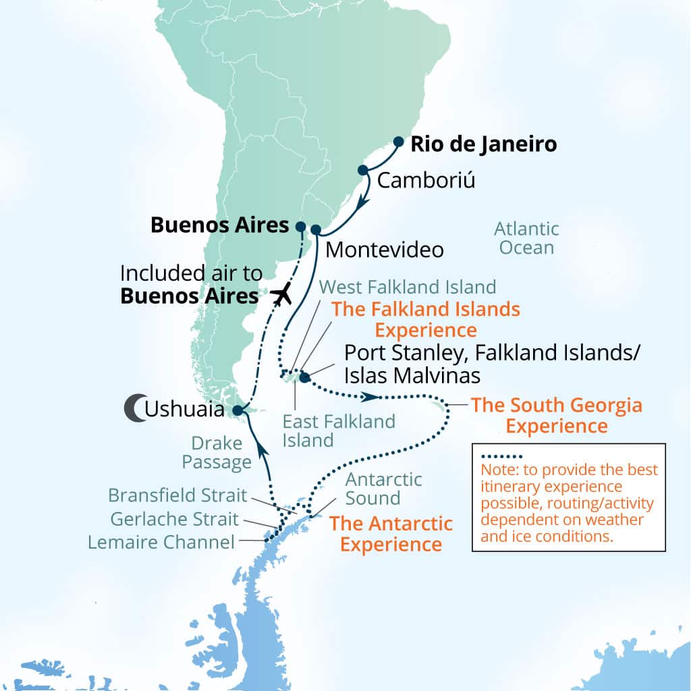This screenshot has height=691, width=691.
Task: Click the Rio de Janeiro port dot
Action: coord(398,142)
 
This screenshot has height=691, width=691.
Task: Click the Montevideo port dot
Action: coord(316,230)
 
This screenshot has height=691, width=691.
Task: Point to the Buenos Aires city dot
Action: coord(301,227)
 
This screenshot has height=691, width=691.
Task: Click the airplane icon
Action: coord(282,294)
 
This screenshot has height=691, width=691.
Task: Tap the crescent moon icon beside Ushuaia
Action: coord(134,409)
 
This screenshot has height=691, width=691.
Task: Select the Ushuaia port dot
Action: coord(237,410)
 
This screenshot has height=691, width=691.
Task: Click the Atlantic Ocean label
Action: coord(526,238)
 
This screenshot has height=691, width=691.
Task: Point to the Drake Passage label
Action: coord(217,453)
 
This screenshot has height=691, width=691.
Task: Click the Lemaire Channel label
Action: coord(162,541)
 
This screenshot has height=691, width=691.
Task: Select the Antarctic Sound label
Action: coord(383,489)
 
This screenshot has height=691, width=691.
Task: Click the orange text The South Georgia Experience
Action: coord(556,416)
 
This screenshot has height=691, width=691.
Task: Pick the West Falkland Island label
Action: coord(408,286)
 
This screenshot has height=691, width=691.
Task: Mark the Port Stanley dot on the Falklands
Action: coord(305,377)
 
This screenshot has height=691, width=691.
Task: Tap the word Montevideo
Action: coord(385,250)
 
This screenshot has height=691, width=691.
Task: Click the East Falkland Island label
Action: coord(339,431)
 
